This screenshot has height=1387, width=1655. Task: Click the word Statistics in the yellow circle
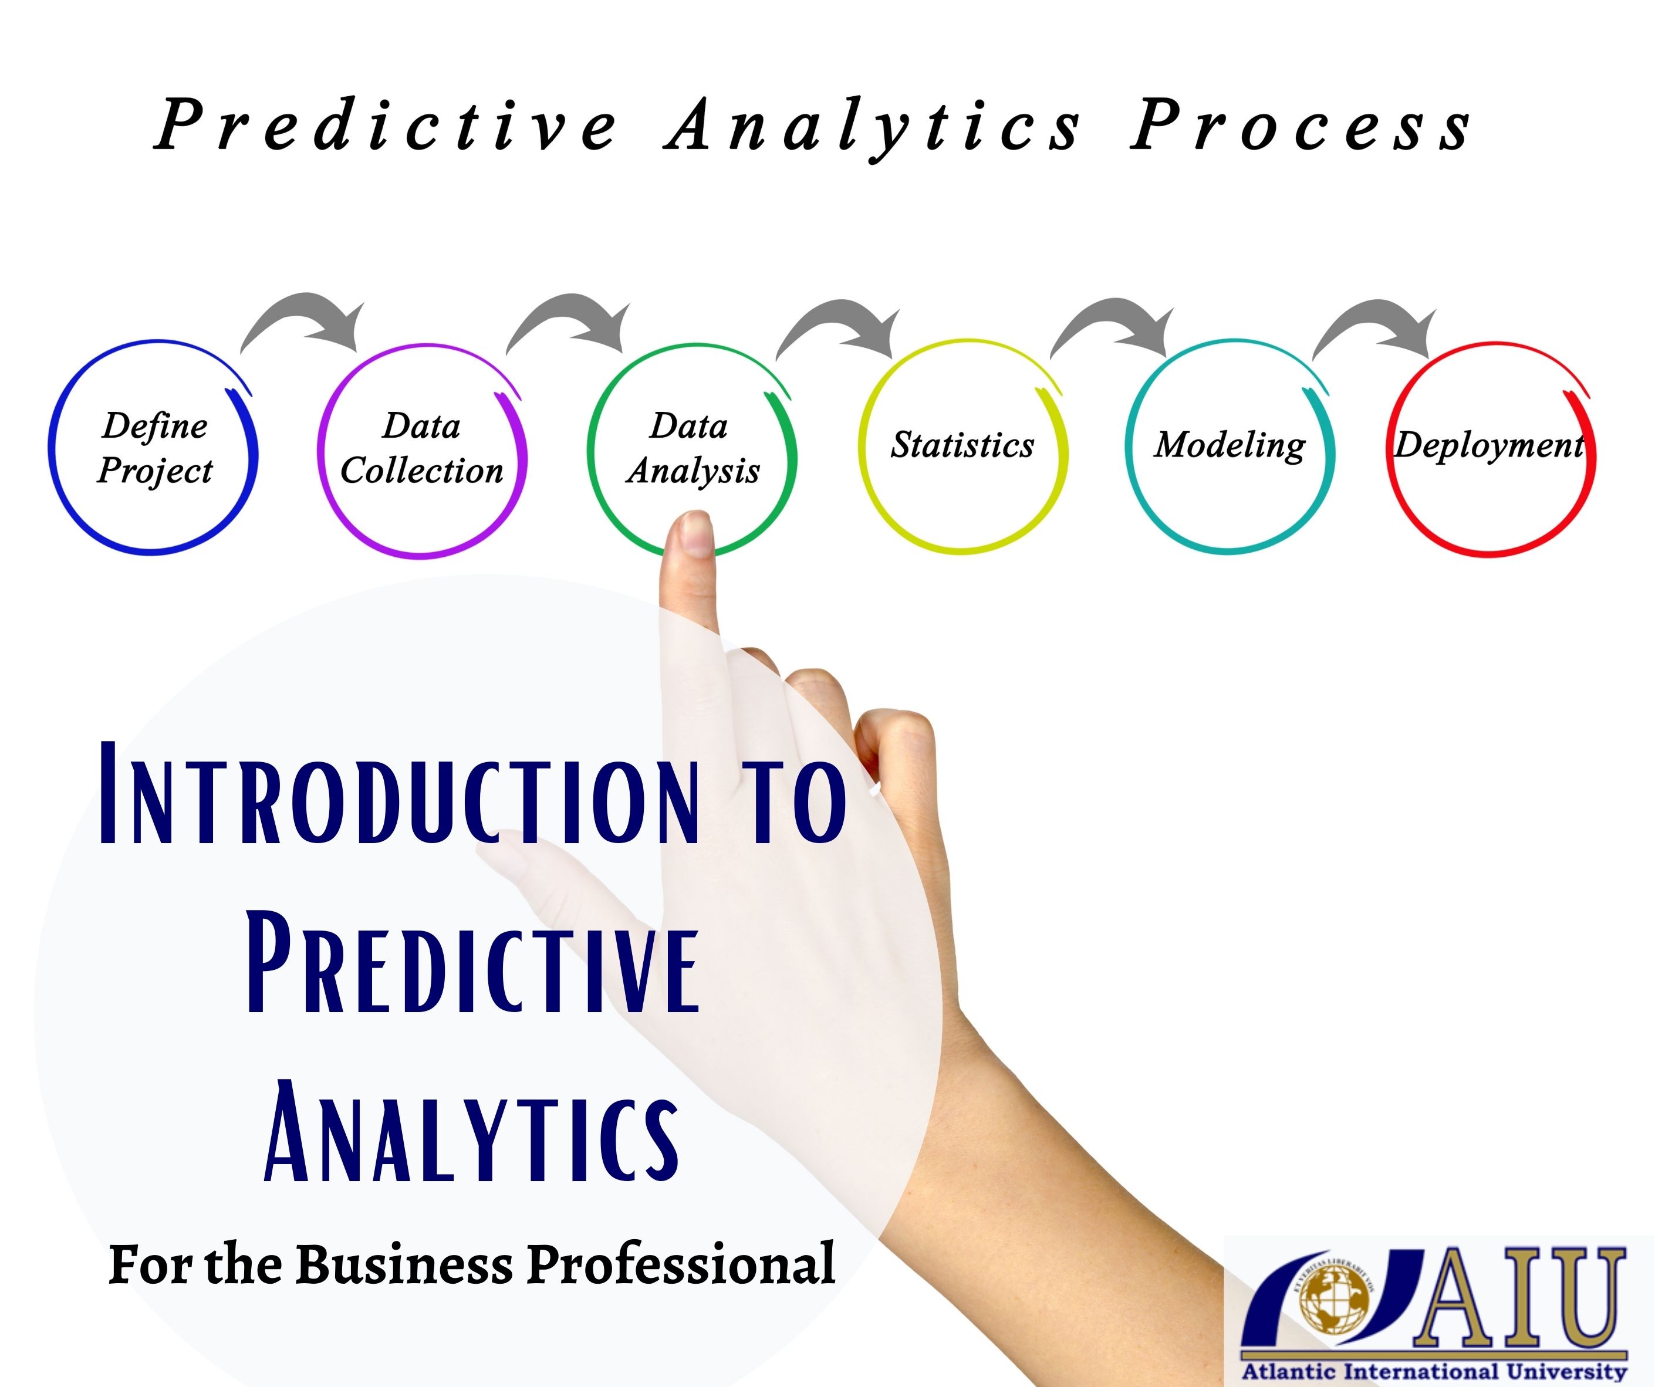tap(962, 445)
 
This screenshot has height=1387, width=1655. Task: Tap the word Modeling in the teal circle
tap(1230, 445)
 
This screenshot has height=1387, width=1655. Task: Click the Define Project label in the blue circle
tap(154, 448)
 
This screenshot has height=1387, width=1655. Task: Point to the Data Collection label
tap(421, 448)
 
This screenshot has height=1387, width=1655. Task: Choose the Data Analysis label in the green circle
tap(692, 448)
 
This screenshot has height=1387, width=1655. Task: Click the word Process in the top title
tap(1301, 126)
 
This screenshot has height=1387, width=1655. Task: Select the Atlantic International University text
tap(1434, 1372)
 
